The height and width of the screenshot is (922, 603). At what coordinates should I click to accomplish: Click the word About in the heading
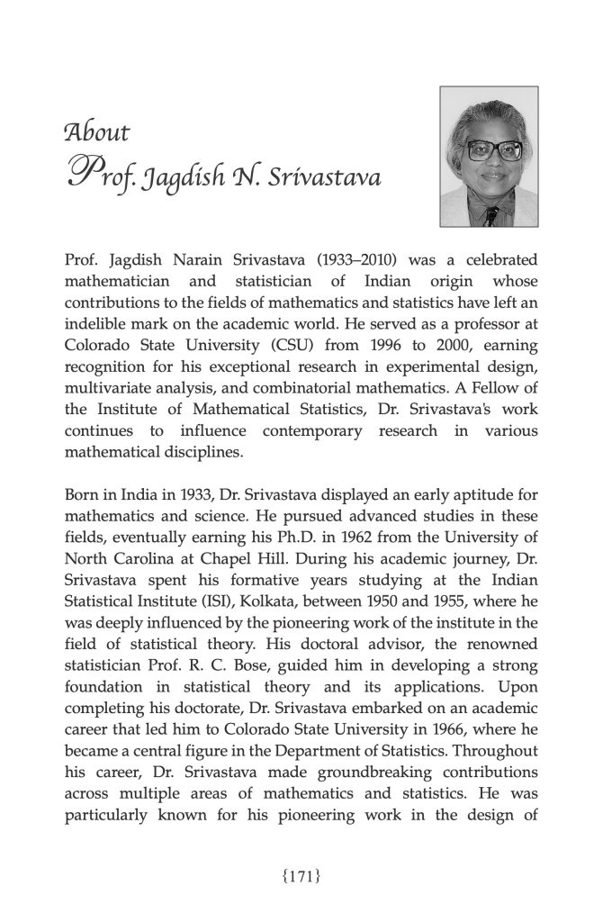(x=97, y=133)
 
